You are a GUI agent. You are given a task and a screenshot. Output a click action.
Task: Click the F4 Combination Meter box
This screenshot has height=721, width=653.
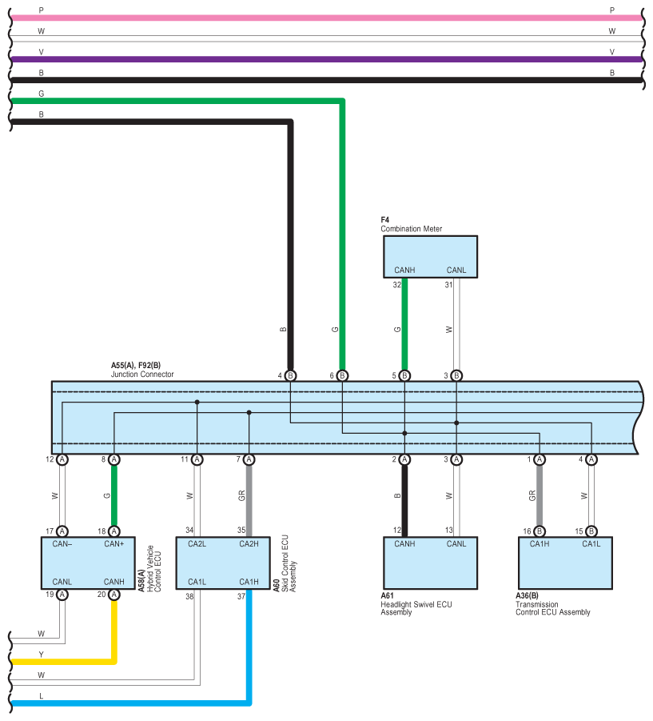pyautogui.click(x=430, y=257)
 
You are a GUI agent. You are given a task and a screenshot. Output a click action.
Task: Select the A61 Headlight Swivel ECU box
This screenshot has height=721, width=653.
pyautogui.click(x=430, y=563)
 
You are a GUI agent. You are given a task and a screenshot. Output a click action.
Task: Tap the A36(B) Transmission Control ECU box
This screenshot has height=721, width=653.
pyautogui.click(x=565, y=563)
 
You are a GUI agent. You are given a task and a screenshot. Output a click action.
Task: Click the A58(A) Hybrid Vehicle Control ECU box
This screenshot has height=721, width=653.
pyautogui.click(x=88, y=563)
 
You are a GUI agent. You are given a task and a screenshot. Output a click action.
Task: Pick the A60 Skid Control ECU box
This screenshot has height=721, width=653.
pyautogui.click(x=223, y=563)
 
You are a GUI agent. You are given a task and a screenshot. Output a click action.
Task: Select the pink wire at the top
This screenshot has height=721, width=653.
pyautogui.click(x=326, y=18)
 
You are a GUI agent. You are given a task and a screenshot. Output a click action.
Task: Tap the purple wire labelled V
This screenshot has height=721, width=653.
pyautogui.click(x=326, y=59)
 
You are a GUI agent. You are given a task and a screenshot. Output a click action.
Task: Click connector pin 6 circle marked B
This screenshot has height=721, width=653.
pyautogui.click(x=342, y=375)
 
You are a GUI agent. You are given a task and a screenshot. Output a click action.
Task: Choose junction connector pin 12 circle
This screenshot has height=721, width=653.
pyautogui.click(x=62, y=459)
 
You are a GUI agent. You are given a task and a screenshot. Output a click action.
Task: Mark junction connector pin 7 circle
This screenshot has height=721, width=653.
pyautogui.click(x=249, y=459)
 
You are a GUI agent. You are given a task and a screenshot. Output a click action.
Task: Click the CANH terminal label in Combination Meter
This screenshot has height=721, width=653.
pyautogui.click(x=404, y=270)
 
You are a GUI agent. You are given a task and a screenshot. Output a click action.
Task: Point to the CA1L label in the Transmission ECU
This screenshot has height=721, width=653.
pyautogui.click(x=591, y=544)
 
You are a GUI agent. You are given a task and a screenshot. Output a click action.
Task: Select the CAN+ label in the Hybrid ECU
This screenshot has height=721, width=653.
pyautogui.click(x=113, y=544)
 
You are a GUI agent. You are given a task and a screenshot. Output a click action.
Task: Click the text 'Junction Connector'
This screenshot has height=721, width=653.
pyautogui.click(x=142, y=375)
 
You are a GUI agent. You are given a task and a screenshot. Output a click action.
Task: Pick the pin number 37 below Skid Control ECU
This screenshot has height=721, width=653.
pyautogui.click(x=241, y=596)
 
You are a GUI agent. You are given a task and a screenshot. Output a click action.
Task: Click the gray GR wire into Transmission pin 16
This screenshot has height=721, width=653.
pyautogui.click(x=540, y=495)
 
